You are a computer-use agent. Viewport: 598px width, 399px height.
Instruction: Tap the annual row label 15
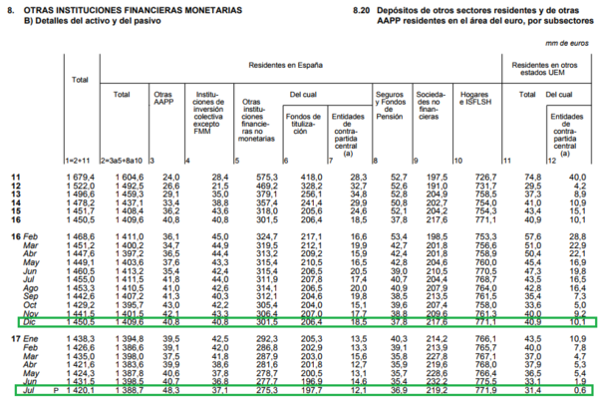point(15,209)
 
